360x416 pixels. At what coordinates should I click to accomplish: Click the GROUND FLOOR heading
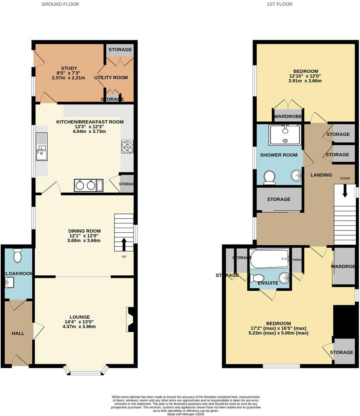coord(60,4)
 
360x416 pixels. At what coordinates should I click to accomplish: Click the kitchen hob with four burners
coord(127,147)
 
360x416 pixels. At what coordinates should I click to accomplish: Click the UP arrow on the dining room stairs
coord(124,244)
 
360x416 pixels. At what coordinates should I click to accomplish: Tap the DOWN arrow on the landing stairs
coord(345,191)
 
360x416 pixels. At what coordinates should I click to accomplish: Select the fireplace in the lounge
coord(130,319)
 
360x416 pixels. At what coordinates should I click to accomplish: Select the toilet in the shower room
coord(270,178)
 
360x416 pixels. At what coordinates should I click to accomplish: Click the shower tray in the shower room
coord(285,135)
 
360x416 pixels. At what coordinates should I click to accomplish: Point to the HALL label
coord(18,333)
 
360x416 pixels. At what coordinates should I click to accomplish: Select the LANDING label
coord(321,175)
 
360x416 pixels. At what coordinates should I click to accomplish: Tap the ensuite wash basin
coord(284,278)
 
